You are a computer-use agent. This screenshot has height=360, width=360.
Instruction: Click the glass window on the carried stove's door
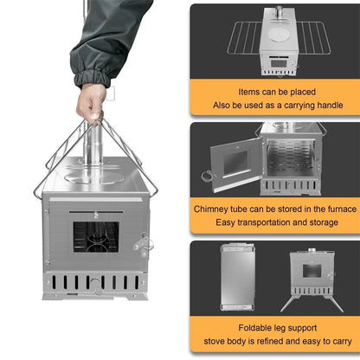point(95,235)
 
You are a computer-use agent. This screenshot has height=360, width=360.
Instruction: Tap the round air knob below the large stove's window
point(96,289)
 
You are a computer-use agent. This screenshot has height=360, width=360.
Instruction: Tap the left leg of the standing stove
point(287,303)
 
